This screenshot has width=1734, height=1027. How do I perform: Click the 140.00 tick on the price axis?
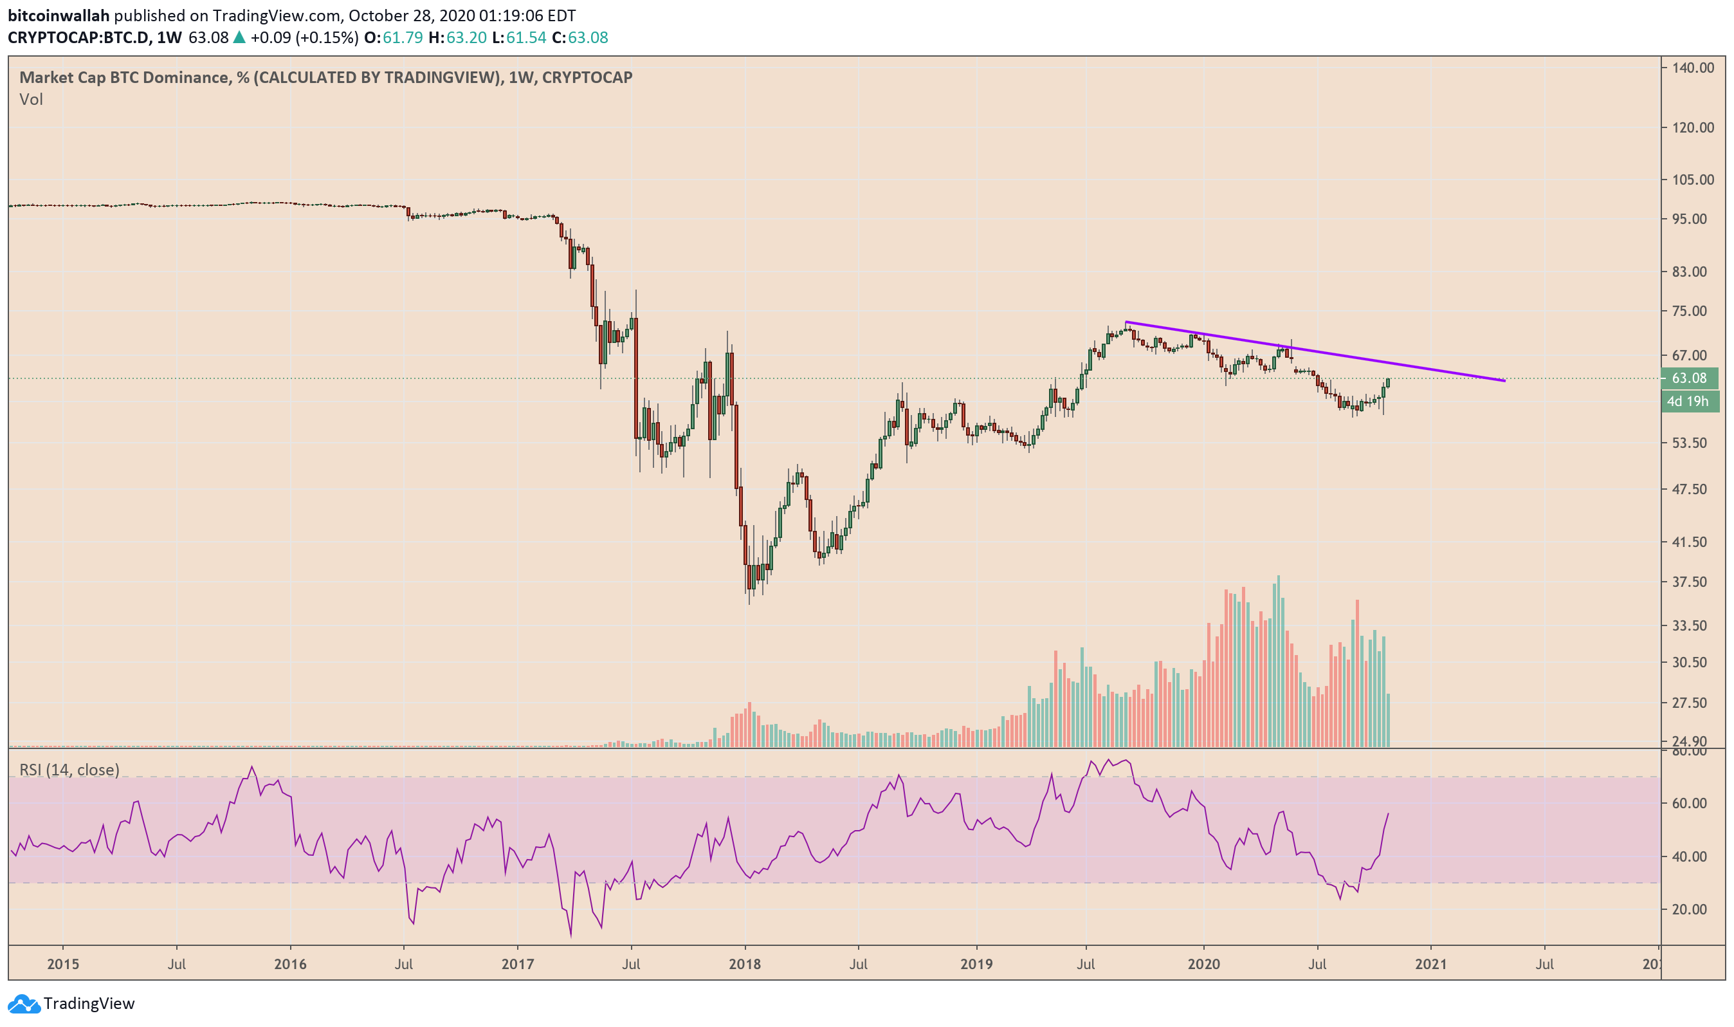1692,68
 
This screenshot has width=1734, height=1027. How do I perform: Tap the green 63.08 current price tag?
1689,378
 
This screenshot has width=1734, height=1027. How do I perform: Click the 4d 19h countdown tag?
1687,402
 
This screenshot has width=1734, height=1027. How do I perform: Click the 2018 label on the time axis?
744,964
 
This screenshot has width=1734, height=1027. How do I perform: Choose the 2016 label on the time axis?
290,964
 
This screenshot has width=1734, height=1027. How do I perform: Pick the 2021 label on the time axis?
1430,964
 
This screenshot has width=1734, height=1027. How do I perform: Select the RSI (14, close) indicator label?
69,770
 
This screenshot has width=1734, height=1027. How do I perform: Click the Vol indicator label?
31,100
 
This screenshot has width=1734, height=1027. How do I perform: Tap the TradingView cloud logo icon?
24,1003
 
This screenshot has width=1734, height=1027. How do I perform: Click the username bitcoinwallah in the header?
59,15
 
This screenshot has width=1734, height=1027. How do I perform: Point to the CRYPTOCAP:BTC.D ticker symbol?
78,37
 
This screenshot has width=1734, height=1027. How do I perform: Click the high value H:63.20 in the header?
457,37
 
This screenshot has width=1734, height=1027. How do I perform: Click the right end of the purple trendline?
1504,381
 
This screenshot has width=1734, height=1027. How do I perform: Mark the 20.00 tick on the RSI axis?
1689,909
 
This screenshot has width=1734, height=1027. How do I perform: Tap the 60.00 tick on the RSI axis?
1689,804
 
